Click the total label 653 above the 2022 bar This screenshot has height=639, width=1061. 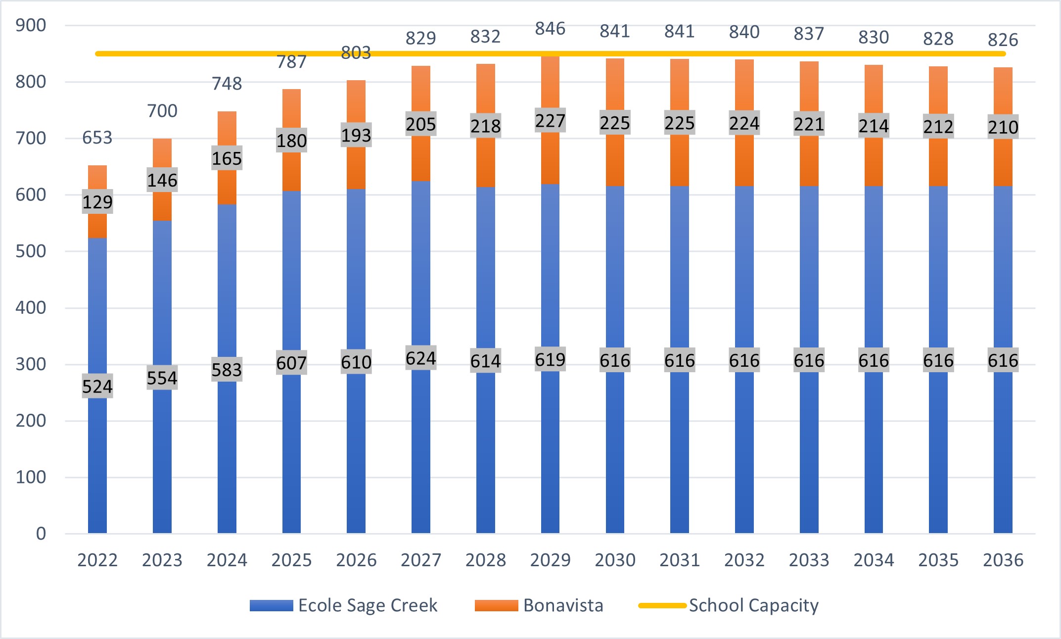click(x=97, y=138)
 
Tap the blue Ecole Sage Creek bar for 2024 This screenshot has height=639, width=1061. click(x=227, y=445)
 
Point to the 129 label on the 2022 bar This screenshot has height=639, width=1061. click(x=97, y=202)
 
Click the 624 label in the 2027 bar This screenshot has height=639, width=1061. click(x=420, y=358)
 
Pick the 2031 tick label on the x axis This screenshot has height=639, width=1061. click(x=679, y=560)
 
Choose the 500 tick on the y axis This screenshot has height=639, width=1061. click(x=31, y=251)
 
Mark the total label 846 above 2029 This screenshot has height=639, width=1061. click(x=550, y=29)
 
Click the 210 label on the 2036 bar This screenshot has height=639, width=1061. click(x=1003, y=127)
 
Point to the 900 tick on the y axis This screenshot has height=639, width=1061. click(x=31, y=25)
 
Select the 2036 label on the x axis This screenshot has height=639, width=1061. click(x=1003, y=560)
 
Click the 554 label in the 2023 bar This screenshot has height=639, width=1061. click(x=162, y=378)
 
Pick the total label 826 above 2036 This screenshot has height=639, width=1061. click(x=1003, y=40)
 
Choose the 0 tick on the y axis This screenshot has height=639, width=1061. click(x=41, y=534)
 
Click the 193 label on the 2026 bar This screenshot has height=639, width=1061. click(x=356, y=135)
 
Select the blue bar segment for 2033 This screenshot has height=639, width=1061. click(x=809, y=445)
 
